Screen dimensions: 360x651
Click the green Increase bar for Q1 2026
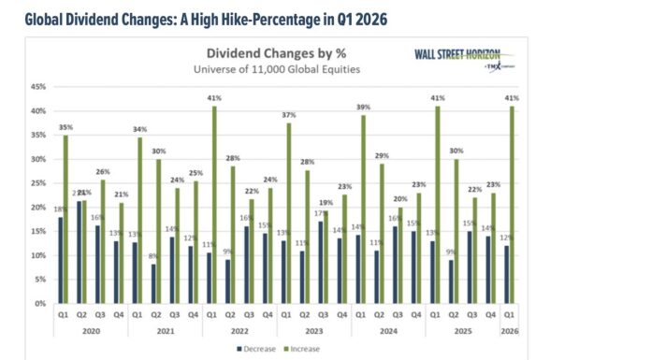click(512, 205)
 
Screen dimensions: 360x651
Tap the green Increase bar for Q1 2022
click(213, 205)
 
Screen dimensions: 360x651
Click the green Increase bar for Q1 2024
click(362, 209)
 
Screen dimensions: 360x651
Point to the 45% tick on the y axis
click(38, 87)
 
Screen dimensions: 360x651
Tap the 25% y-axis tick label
click(38, 183)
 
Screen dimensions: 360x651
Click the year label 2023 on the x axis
click(315, 329)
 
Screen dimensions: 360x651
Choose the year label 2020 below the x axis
click(90, 329)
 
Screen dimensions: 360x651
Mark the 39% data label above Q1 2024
click(362, 107)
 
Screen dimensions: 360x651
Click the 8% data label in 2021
click(152, 257)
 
